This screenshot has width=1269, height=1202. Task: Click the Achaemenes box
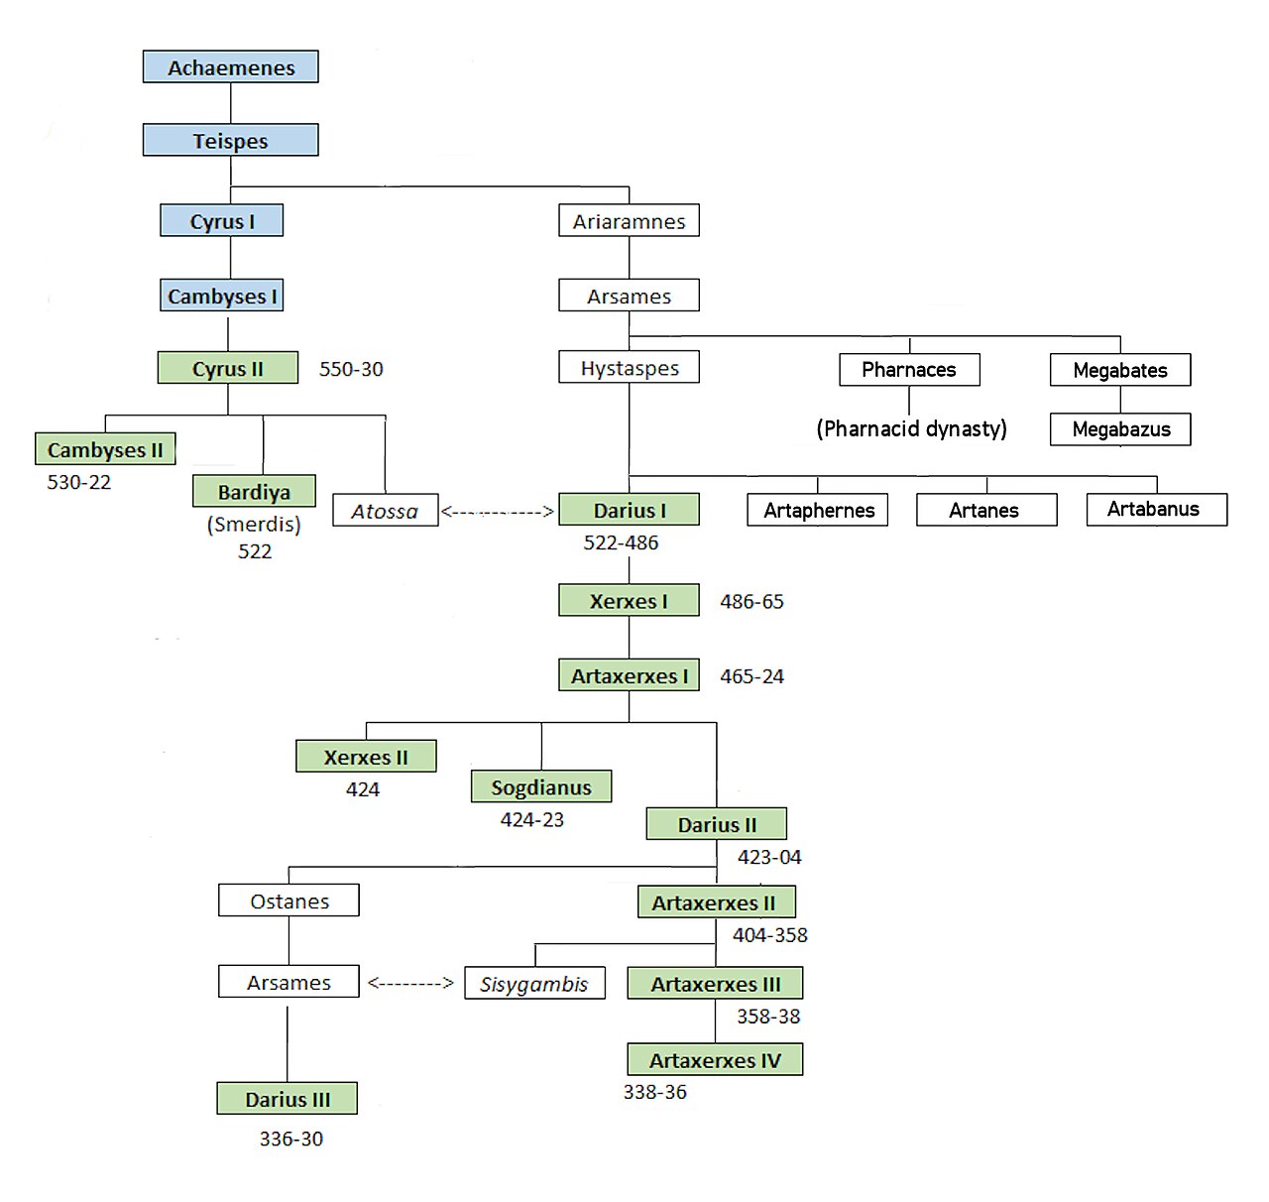click(230, 66)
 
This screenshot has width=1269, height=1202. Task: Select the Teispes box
click(230, 140)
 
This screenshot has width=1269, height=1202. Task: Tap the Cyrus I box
click(221, 220)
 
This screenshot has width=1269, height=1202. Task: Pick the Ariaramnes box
click(629, 220)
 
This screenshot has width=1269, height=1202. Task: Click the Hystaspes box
click(629, 367)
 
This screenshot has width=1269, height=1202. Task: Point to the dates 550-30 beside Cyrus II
click(351, 369)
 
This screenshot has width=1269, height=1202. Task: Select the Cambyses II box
click(105, 448)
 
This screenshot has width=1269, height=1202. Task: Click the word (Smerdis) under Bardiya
click(254, 524)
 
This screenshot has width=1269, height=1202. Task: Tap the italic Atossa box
click(386, 510)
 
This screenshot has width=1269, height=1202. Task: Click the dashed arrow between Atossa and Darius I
click(497, 512)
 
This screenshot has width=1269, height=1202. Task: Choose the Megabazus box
click(1120, 428)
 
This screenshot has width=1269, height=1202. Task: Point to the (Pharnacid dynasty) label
click(911, 428)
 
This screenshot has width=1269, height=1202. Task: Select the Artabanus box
click(1157, 510)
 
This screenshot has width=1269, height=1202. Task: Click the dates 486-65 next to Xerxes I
click(751, 601)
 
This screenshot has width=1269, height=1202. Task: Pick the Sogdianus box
click(541, 786)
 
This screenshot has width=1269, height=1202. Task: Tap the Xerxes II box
click(366, 756)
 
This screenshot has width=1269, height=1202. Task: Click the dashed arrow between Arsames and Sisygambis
click(410, 983)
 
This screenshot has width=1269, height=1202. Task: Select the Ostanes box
click(288, 900)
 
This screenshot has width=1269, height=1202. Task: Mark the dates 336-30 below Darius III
click(291, 1139)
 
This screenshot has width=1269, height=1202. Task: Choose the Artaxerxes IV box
click(715, 1059)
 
